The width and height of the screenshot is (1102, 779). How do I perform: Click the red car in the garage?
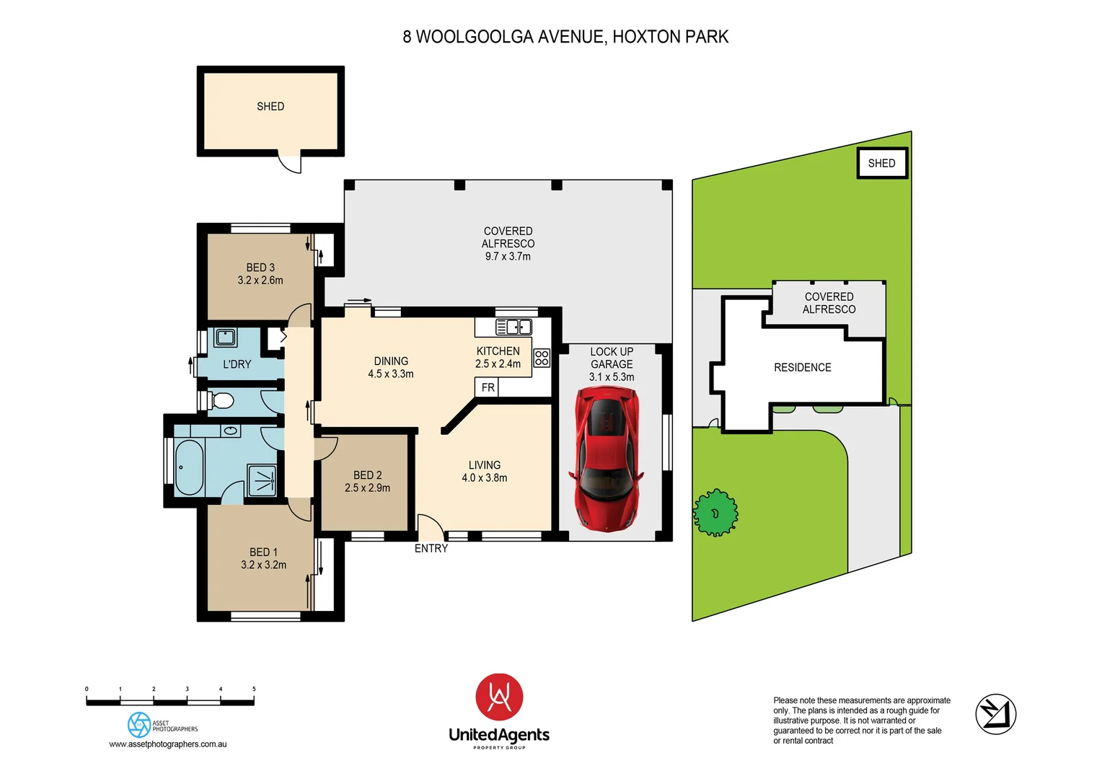[x=607, y=459]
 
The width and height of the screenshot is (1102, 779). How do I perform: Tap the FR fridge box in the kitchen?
[x=488, y=387]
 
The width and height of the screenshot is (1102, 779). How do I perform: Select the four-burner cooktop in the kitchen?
[x=542, y=358]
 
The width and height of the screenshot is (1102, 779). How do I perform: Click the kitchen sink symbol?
[x=513, y=327]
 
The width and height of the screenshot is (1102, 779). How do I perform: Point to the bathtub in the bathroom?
[x=189, y=467]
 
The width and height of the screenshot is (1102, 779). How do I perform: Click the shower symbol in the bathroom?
[x=262, y=480]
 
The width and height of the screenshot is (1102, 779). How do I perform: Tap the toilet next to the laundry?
[x=222, y=400]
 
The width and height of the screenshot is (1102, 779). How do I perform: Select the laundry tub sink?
[x=226, y=337]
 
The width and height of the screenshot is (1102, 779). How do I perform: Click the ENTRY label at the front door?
[x=431, y=549]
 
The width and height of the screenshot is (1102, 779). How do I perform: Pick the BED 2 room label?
[x=367, y=475]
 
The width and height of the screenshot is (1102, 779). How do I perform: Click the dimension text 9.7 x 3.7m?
[x=508, y=257]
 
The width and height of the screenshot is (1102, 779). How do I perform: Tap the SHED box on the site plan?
[x=881, y=163]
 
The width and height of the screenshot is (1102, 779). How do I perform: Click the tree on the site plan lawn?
[x=715, y=513]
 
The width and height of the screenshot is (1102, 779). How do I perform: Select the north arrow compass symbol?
[x=995, y=714]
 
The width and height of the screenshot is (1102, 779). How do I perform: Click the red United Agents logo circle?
[x=499, y=697]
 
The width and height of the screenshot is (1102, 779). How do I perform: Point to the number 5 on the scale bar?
[x=254, y=690]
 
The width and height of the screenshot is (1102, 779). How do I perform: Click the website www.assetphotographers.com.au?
[x=167, y=744]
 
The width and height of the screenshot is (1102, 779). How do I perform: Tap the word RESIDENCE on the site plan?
[x=802, y=368]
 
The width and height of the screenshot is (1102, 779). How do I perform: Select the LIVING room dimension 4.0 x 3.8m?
[x=484, y=478]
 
